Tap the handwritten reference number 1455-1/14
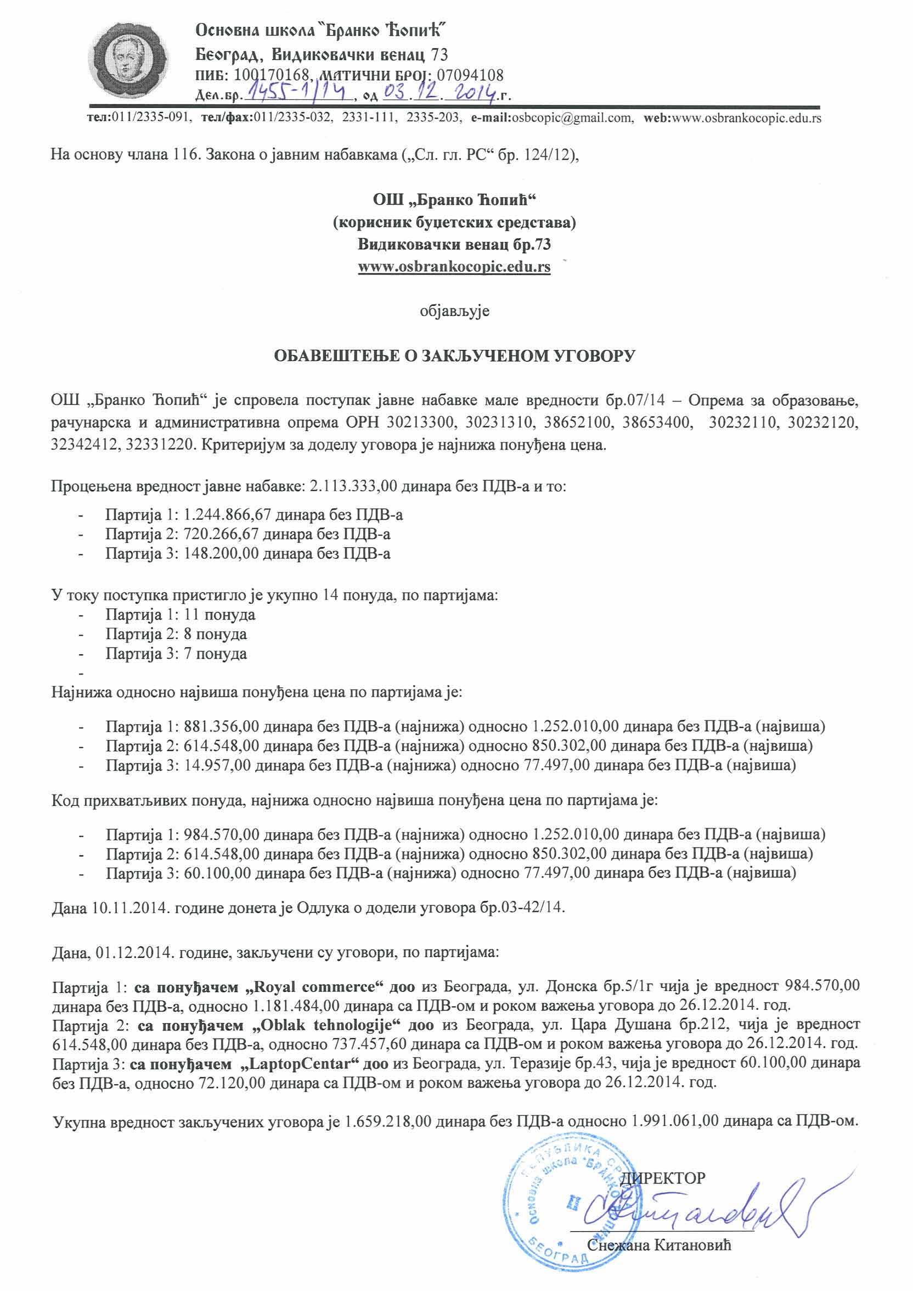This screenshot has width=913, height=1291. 299,92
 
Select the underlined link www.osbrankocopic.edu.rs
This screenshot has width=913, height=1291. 454,267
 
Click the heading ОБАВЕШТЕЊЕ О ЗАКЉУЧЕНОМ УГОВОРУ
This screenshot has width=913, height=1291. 454,356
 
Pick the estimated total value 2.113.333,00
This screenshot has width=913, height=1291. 353,486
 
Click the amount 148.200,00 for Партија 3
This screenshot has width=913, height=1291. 222,553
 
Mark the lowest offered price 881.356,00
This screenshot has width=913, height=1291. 222,727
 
